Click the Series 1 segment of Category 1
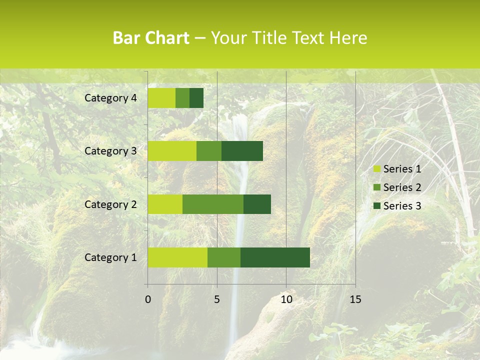coord(177,257)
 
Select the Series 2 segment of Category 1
coord(224,257)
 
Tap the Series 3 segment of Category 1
coord(275,257)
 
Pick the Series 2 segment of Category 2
coord(213,204)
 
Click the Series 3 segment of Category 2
coord(257,204)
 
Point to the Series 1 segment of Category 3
coord(172,151)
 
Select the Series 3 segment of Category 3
coord(242,151)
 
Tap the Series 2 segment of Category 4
coord(182,98)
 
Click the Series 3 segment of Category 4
coord(196,98)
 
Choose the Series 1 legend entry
coord(397,169)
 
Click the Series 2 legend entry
coord(397,187)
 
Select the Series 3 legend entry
coord(397,206)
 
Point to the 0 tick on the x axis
coord(148,299)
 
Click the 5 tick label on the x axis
coord(217,299)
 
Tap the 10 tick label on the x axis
coord(286,299)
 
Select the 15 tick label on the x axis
coord(355,299)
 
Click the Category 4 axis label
coord(110,98)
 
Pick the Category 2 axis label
coord(110,204)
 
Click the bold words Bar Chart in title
coord(151,38)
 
